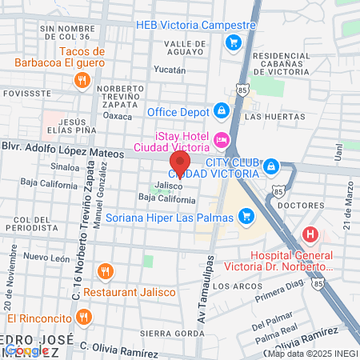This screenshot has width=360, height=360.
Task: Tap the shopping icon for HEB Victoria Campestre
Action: (x=233, y=42)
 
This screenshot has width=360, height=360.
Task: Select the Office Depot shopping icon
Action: (x=221, y=109)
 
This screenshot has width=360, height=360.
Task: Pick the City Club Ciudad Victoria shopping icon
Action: (x=271, y=166)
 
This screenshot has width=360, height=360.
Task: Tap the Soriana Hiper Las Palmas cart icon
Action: (x=246, y=214)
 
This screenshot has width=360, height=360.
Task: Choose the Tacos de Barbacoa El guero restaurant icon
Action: (x=81, y=79)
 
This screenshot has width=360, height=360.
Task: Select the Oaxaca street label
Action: (x=118, y=115)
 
